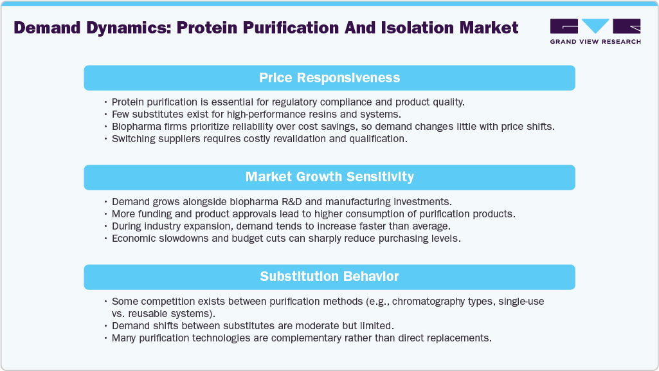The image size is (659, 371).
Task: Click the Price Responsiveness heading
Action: tap(329, 78)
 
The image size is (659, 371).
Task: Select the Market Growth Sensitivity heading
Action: tap(329, 177)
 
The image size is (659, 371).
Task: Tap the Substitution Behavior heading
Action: tap(329, 276)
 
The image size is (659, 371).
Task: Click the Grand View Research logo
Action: tap(595, 26)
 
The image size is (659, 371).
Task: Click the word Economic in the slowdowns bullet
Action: tap(135, 238)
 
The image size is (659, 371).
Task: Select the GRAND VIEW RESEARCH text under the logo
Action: tap(595, 42)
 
